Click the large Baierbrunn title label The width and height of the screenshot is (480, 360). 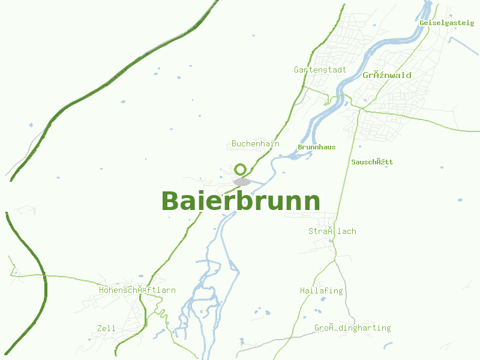click(240, 201)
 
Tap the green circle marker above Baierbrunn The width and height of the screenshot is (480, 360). click(241, 169)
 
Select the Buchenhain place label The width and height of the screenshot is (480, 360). click(256, 144)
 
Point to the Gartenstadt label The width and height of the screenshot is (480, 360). click(320, 70)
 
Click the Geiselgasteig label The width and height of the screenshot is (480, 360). click(447, 22)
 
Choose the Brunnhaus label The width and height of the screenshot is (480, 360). click(316, 147)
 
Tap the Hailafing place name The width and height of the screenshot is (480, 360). click(321, 290)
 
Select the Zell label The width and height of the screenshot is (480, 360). click(106, 328)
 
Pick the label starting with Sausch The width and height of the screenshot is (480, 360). click(372, 162)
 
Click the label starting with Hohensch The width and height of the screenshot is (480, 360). click(137, 290)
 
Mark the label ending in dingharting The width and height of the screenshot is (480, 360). click(352, 328)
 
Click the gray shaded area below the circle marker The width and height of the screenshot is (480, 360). click(242, 181)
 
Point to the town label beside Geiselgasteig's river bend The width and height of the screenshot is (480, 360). click(387, 75)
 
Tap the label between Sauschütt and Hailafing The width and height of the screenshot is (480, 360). click(332, 231)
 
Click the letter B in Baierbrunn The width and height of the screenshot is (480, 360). click(170, 202)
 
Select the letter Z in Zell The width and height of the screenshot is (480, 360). click(100, 328)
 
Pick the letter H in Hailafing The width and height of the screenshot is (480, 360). click(302, 290)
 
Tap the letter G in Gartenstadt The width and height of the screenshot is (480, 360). click(296, 70)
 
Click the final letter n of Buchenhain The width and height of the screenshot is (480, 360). click(277, 144)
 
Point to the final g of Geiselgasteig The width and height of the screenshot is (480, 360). click(471, 23)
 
